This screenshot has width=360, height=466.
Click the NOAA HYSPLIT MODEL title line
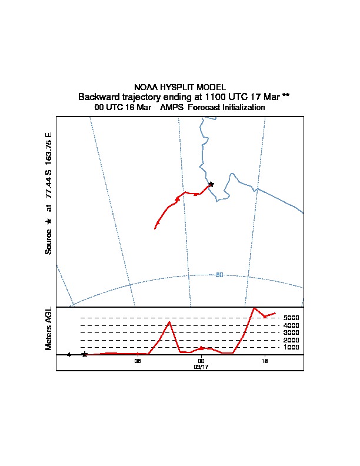(179, 86)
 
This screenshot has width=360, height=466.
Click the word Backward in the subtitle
(96, 96)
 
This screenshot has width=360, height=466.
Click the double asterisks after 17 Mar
(285, 96)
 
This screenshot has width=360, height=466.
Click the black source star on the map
(211, 184)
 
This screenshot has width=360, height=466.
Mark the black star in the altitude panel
(85, 354)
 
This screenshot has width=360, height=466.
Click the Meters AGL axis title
(49, 328)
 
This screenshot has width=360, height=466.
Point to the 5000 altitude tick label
(291, 318)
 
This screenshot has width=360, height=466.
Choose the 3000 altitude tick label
(291, 333)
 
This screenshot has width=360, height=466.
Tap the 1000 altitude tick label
(291, 348)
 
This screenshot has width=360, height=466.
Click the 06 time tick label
(138, 361)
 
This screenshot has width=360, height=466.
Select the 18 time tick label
(265, 361)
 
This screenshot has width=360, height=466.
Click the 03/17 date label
(201, 367)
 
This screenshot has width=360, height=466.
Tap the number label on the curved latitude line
(219, 275)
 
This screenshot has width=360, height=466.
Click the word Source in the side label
(49, 241)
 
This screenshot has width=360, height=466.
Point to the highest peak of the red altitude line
(254, 308)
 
